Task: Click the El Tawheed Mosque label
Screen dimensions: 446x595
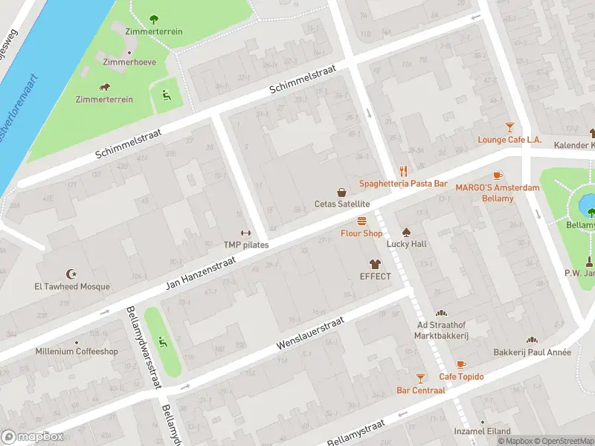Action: tap(71, 287)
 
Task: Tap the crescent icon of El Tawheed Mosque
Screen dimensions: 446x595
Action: tap(71, 274)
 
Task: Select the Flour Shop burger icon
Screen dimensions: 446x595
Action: tap(362, 221)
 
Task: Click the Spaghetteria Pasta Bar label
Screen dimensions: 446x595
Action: tap(403, 183)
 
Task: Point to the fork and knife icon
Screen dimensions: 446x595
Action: tap(404, 170)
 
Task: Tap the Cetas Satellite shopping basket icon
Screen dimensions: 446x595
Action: tap(342, 191)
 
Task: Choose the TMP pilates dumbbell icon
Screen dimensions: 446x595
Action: tap(246, 232)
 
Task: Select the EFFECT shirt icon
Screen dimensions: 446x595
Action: tap(375, 264)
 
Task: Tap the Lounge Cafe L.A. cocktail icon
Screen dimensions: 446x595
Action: tap(509, 127)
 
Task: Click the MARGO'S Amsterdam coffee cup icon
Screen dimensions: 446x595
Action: tap(498, 175)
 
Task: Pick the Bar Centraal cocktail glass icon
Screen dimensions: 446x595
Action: tap(421, 378)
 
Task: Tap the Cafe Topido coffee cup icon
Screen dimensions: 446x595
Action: tap(461, 364)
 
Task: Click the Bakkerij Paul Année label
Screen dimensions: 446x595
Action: tap(533, 352)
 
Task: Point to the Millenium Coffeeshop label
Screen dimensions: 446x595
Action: tap(77, 352)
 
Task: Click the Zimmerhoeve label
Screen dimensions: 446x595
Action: tap(129, 62)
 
